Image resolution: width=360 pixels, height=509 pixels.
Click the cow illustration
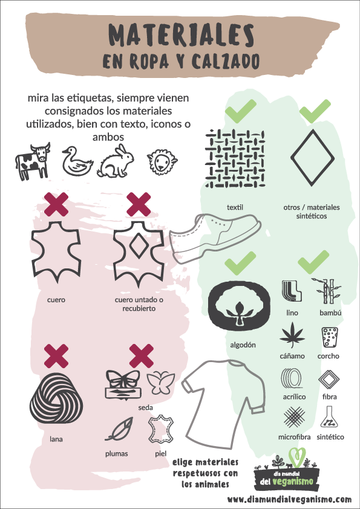click(x=33, y=161)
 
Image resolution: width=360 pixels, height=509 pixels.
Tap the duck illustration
click(x=77, y=161)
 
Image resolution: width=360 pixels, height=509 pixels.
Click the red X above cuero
click(x=56, y=204)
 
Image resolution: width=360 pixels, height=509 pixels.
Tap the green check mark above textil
click(x=240, y=111)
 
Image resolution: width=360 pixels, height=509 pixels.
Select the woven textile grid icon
click(x=235, y=159)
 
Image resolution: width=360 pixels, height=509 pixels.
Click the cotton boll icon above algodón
click(x=239, y=305)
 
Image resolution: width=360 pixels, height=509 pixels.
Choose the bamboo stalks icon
click(x=327, y=291)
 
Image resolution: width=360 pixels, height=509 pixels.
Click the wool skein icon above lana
click(x=55, y=398)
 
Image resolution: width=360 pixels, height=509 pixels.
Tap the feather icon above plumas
click(x=119, y=429)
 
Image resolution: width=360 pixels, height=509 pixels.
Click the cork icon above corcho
click(x=329, y=337)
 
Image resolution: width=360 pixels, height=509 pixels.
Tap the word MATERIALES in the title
click(x=182, y=36)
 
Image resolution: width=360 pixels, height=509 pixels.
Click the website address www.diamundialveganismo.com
click(x=289, y=499)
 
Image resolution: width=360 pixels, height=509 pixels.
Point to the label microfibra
click(x=295, y=437)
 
